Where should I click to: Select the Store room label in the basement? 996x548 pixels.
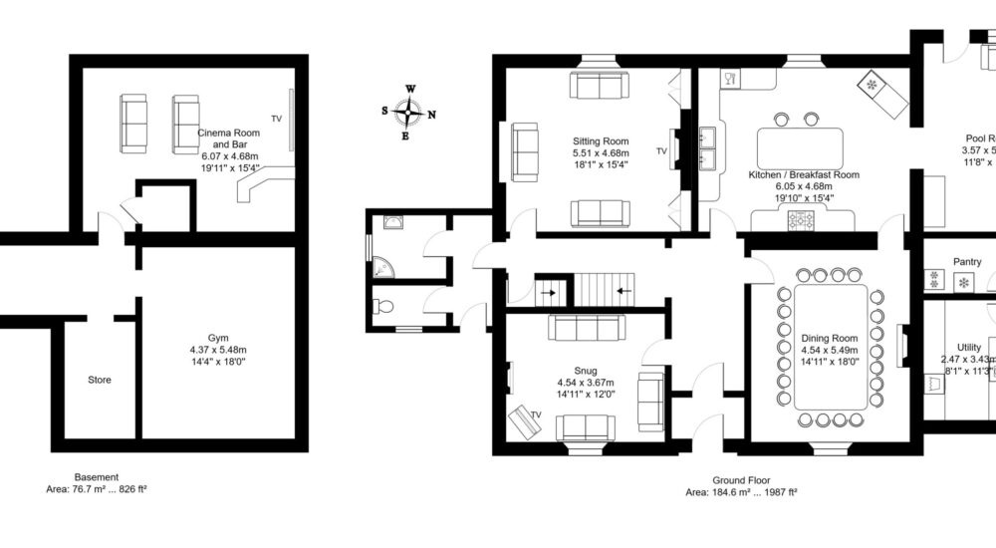click(x=100, y=380)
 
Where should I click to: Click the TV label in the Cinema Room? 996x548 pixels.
click(x=277, y=117)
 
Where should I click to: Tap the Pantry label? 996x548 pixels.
click(x=966, y=262)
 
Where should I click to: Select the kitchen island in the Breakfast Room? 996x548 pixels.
click(x=799, y=147)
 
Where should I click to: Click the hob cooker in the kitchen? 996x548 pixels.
click(x=802, y=220)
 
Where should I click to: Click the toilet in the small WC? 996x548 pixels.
click(x=382, y=307)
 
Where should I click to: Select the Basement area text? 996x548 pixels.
click(x=97, y=489)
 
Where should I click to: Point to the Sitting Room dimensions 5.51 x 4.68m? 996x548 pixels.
click(x=600, y=153)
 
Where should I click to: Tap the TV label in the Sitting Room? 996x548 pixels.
click(x=661, y=151)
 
